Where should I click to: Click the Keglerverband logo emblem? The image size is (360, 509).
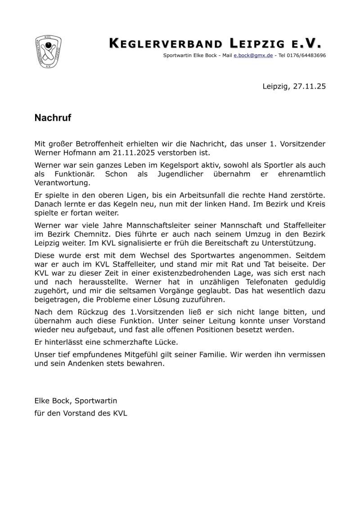coord(48,52)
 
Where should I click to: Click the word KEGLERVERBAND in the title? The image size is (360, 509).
coord(166,44)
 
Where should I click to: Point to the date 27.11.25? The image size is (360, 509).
coord(309,85)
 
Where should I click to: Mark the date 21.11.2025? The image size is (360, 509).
coord(129,152)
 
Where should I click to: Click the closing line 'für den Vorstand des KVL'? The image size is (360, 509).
coord(81,413)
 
